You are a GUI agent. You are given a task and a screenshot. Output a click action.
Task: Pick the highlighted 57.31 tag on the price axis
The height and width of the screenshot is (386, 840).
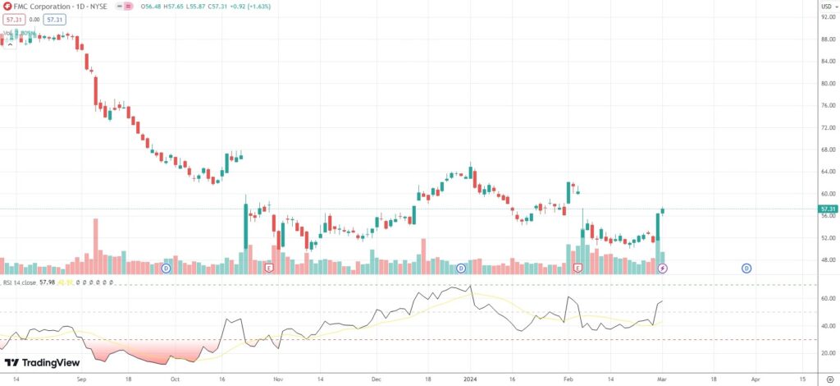(x=827, y=209)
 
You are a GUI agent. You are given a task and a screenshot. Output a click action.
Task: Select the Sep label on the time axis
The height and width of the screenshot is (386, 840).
(x=80, y=381)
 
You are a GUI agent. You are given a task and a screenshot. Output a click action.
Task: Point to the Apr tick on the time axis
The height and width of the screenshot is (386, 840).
(x=755, y=381)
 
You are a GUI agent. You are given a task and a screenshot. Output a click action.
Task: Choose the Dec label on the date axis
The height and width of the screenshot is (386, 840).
(x=375, y=381)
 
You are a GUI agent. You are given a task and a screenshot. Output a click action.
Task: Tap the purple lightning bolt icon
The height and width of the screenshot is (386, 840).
(x=663, y=269)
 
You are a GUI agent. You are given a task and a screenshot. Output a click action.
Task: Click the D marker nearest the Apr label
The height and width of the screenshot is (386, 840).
(x=746, y=268)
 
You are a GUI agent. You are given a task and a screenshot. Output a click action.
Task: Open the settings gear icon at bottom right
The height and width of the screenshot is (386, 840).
(x=829, y=381)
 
